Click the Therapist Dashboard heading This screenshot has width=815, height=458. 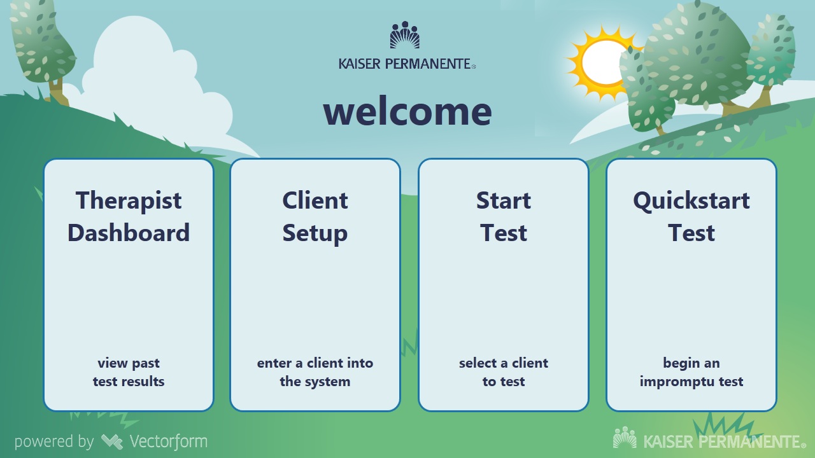tap(129, 216)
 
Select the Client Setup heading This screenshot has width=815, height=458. tap(315, 216)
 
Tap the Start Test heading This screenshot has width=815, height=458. tap(503, 216)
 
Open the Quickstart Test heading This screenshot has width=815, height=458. tap(691, 216)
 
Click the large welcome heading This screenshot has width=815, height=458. tap(407, 111)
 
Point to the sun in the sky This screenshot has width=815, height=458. tap(605, 62)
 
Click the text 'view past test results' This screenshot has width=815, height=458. tap(129, 372)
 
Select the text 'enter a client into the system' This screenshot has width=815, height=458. tap(315, 372)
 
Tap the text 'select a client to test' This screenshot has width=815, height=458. tap(503, 372)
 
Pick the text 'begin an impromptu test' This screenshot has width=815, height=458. tap(691, 372)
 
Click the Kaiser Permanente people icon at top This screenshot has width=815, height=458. tap(405, 36)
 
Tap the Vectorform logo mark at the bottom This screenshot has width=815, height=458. tap(112, 441)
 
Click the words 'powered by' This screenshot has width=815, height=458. tap(53, 441)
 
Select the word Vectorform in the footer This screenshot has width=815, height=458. tap(168, 441)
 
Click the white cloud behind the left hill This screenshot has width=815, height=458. tap(146, 76)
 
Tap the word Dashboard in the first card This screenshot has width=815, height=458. tap(129, 233)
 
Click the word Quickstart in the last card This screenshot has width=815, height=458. tap(691, 201)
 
